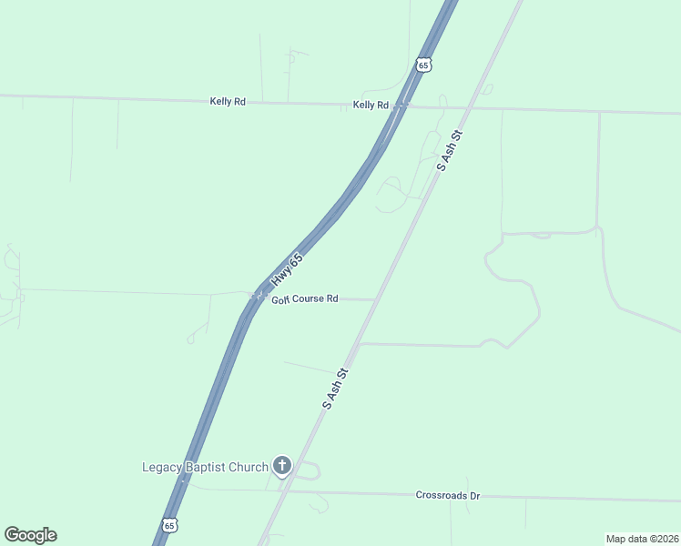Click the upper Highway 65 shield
click(422, 65)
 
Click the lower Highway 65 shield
click(169, 525)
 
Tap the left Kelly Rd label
click(228, 102)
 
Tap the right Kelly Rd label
click(371, 106)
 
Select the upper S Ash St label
click(451, 150)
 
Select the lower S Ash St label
click(336, 389)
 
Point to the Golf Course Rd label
click(305, 298)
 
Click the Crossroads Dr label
click(447, 496)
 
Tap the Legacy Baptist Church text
click(205, 468)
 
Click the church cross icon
click(282, 467)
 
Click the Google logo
click(30, 535)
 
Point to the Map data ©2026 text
click(642, 538)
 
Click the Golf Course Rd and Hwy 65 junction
click(254, 296)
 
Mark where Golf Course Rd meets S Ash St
click(376, 299)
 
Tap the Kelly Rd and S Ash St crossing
click(467, 108)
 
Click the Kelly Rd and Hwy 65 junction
click(400, 106)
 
